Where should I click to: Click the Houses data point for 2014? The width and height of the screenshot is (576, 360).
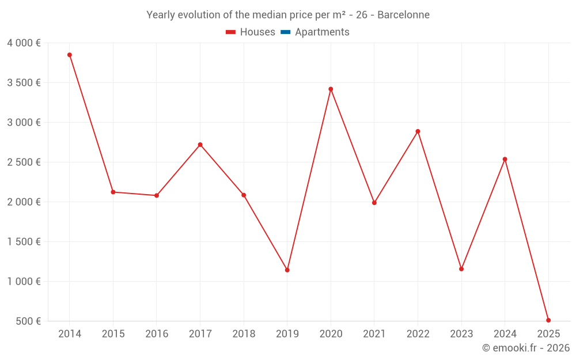click(x=70, y=55)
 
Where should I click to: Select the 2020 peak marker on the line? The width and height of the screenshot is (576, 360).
click(x=331, y=89)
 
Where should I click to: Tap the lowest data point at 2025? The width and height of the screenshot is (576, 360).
click(x=548, y=320)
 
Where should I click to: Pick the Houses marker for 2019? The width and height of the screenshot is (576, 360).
click(x=287, y=270)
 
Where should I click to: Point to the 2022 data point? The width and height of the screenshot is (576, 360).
click(x=418, y=131)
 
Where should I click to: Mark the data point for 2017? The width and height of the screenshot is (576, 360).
click(x=200, y=145)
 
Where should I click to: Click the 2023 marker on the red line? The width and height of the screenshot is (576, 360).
click(x=461, y=269)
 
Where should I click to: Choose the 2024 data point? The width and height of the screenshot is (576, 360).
click(x=505, y=159)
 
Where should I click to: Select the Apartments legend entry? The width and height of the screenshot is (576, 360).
click(x=322, y=32)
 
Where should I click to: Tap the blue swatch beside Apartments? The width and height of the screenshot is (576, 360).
click(x=285, y=32)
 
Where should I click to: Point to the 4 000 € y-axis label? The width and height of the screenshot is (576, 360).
click(x=24, y=43)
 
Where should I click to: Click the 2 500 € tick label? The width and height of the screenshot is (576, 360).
click(x=24, y=162)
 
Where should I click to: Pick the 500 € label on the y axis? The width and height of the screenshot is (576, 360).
click(x=27, y=321)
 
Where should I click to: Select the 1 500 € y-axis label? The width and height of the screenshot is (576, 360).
click(x=24, y=242)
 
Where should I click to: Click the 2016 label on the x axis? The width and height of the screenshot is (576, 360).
click(x=157, y=334)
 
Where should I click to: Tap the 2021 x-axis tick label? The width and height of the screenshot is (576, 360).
click(x=374, y=334)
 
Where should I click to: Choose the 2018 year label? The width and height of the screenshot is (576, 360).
click(x=244, y=334)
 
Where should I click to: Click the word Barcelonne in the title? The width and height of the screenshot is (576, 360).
click(x=403, y=15)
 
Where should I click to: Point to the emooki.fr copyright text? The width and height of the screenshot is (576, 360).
click(x=526, y=348)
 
